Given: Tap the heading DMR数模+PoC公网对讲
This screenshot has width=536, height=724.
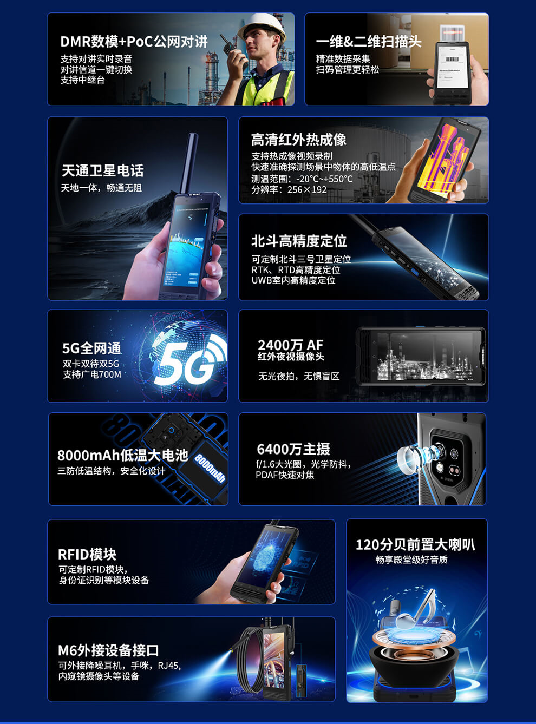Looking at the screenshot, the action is (x=134, y=42).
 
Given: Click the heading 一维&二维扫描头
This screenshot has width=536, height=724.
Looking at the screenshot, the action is (x=368, y=42).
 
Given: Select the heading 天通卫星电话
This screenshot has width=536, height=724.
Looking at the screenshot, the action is (x=102, y=170).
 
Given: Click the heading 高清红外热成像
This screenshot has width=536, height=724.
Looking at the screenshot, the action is (x=298, y=140).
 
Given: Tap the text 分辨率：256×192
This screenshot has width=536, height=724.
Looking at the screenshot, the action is (x=289, y=189).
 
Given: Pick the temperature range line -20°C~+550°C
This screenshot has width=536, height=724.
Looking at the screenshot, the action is (x=302, y=179).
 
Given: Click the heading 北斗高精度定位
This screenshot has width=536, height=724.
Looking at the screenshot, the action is (x=299, y=241).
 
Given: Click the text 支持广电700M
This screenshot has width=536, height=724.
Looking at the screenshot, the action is (x=92, y=374).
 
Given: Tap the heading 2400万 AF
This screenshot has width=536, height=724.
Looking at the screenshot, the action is (x=290, y=345).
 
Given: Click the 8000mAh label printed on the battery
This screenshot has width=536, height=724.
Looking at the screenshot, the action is (x=210, y=468).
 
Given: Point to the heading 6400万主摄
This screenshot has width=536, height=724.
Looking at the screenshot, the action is (x=293, y=449).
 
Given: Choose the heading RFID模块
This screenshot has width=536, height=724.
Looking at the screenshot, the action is (x=87, y=554).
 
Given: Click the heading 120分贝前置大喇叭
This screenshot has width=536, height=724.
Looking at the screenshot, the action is (x=415, y=544).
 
